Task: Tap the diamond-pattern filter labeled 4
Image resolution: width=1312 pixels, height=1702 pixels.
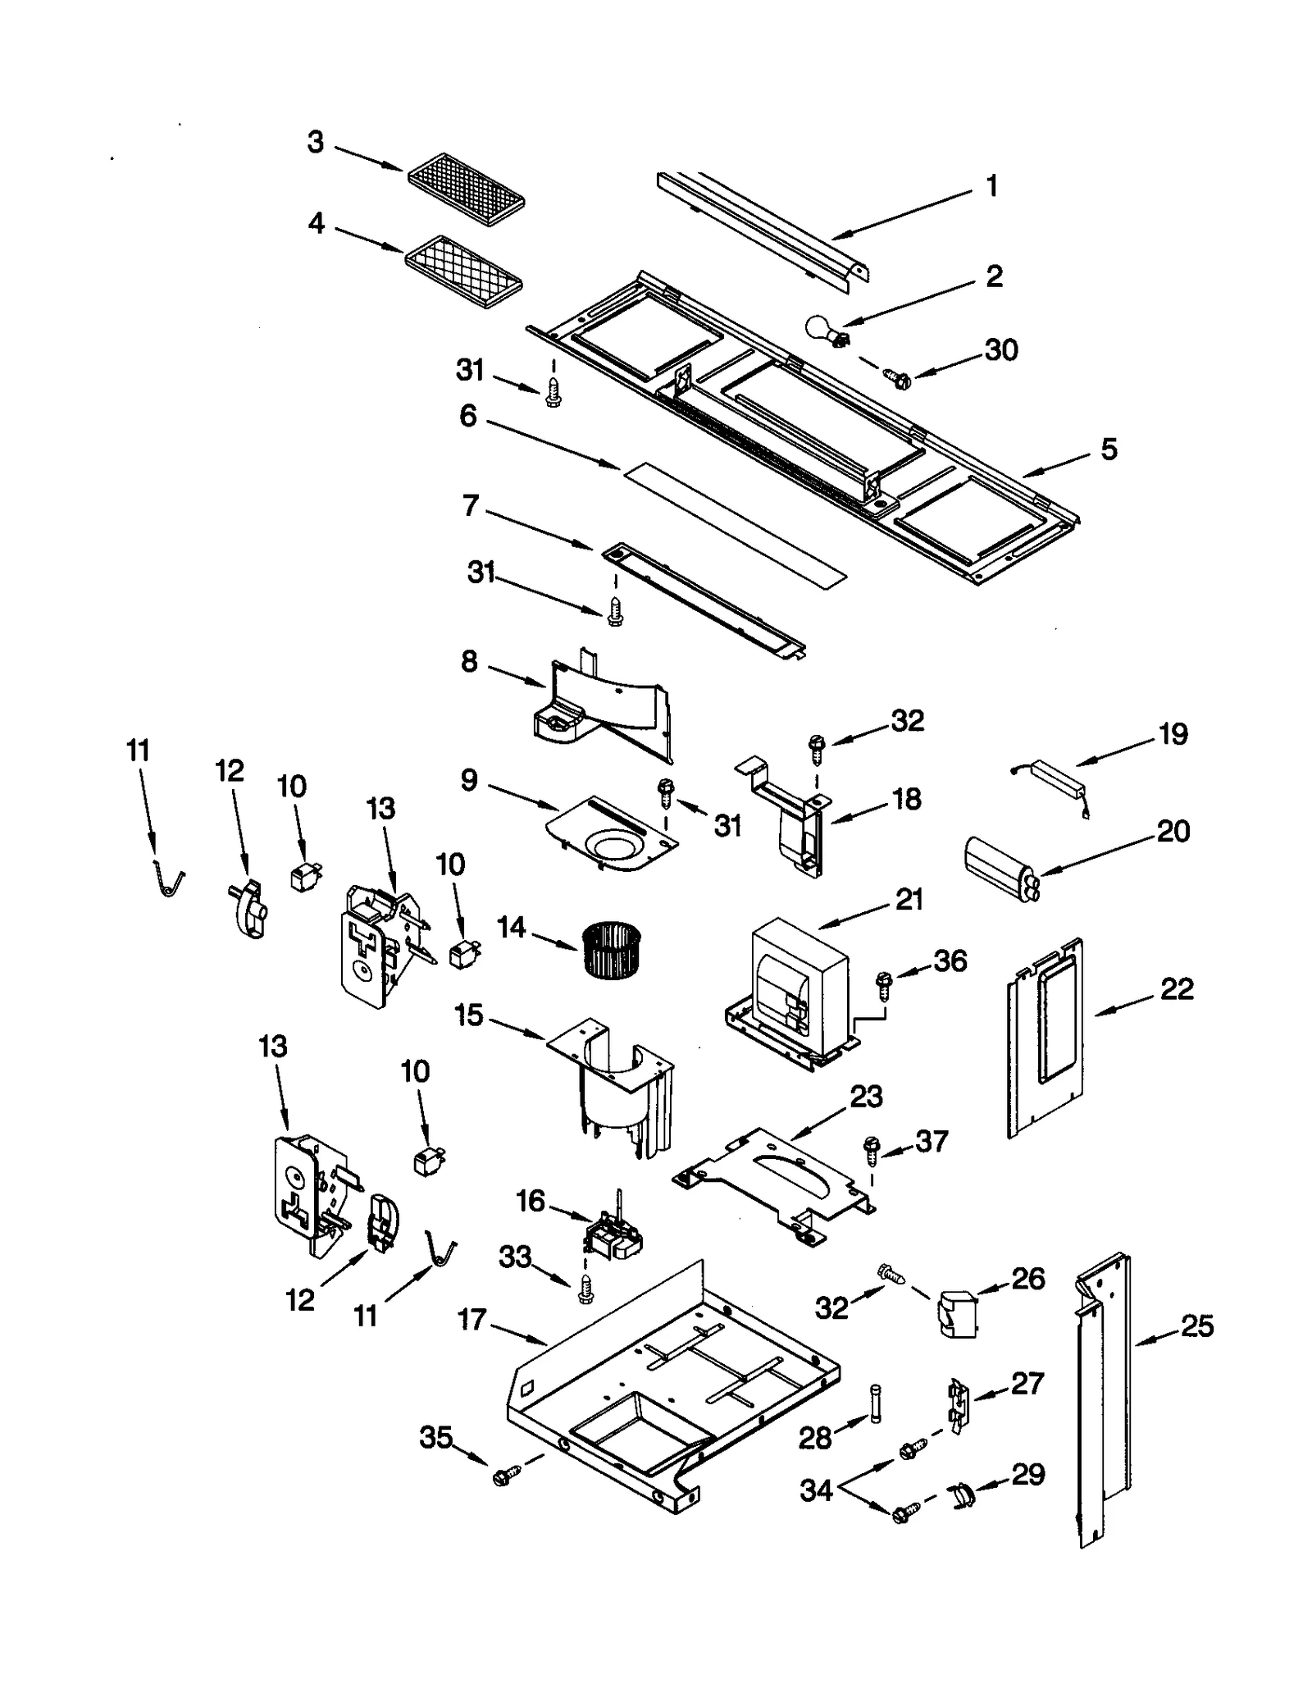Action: pyautogui.click(x=463, y=272)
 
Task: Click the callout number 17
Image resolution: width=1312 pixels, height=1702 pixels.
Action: pyautogui.click(x=472, y=1320)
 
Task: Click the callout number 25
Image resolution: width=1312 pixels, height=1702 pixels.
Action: pyautogui.click(x=1196, y=1326)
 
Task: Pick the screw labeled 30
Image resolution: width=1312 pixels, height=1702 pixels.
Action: pyautogui.click(x=897, y=378)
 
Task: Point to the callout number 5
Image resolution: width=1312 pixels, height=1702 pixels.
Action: pyautogui.click(x=1109, y=449)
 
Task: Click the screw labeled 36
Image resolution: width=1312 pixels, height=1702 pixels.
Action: pyautogui.click(x=884, y=983)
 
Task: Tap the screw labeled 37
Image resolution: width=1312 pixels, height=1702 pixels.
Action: pyautogui.click(x=871, y=1149)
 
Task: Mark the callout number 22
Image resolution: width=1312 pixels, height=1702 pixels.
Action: pyautogui.click(x=1177, y=989)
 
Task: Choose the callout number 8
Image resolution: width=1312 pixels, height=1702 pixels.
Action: pyautogui.click(x=469, y=661)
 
